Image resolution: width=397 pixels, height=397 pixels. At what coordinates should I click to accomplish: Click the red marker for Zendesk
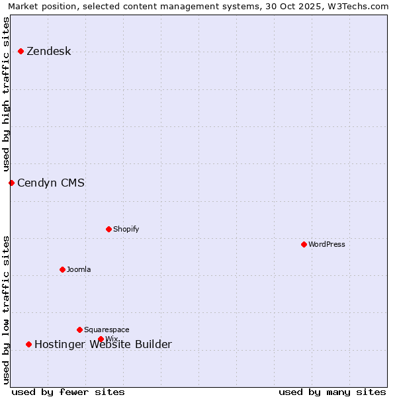coord(21,51)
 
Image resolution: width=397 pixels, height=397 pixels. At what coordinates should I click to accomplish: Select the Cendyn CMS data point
coord(11,183)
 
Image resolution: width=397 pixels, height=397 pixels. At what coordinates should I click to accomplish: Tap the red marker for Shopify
coord(109,229)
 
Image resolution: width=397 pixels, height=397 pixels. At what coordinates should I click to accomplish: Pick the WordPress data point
coord(304,244)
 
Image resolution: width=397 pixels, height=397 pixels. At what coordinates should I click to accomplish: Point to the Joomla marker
coord(62,269)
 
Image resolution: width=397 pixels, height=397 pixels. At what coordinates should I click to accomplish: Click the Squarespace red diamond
coord(79,330)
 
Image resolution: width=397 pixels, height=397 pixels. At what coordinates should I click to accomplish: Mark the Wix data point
coord(101,339)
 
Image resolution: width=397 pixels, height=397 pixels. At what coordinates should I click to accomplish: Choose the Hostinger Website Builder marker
coord(28,344)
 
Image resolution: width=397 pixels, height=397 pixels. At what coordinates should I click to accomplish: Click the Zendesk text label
coord(48,52)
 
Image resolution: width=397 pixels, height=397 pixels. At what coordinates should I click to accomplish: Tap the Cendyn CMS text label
coord(51,183)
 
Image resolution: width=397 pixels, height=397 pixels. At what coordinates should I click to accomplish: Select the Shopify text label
coord(126,230)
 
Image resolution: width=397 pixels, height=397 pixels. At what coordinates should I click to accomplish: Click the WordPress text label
coord(326,245)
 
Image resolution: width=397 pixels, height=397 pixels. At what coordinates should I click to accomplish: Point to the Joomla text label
coord(79,270)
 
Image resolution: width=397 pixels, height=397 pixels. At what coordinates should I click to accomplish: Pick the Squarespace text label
coord(107,330)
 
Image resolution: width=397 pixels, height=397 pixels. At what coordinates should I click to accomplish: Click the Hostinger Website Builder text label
coord(103,345)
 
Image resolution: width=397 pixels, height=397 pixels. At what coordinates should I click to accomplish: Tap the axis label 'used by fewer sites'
coord(68,392)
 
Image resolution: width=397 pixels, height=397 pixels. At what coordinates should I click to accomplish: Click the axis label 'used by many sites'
coord(332,392)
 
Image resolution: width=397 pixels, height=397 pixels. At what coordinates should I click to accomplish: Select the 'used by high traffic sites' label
coord(7,94)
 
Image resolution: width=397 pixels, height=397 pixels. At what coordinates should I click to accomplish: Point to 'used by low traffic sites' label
coord(7,310)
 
